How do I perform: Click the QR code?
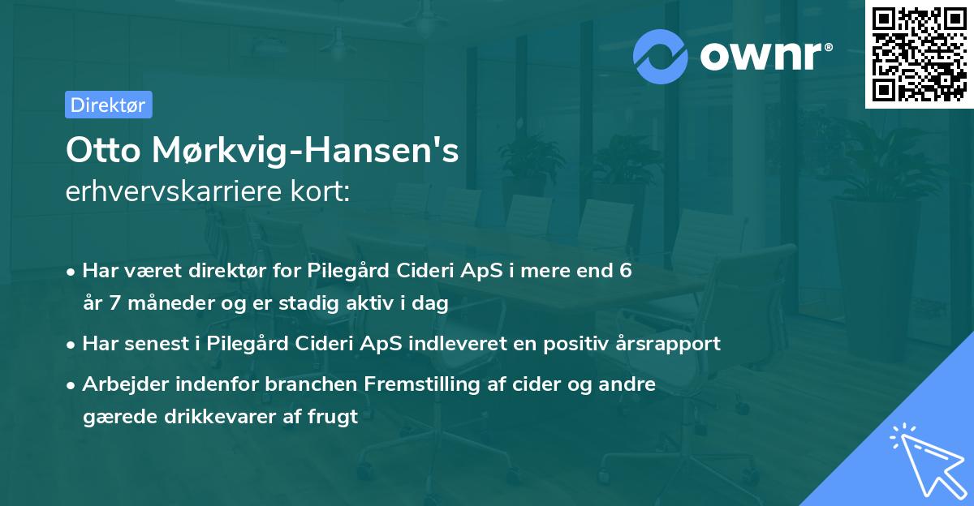point(919,54)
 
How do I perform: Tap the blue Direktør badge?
point(107,105)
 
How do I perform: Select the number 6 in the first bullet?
point(625,271)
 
